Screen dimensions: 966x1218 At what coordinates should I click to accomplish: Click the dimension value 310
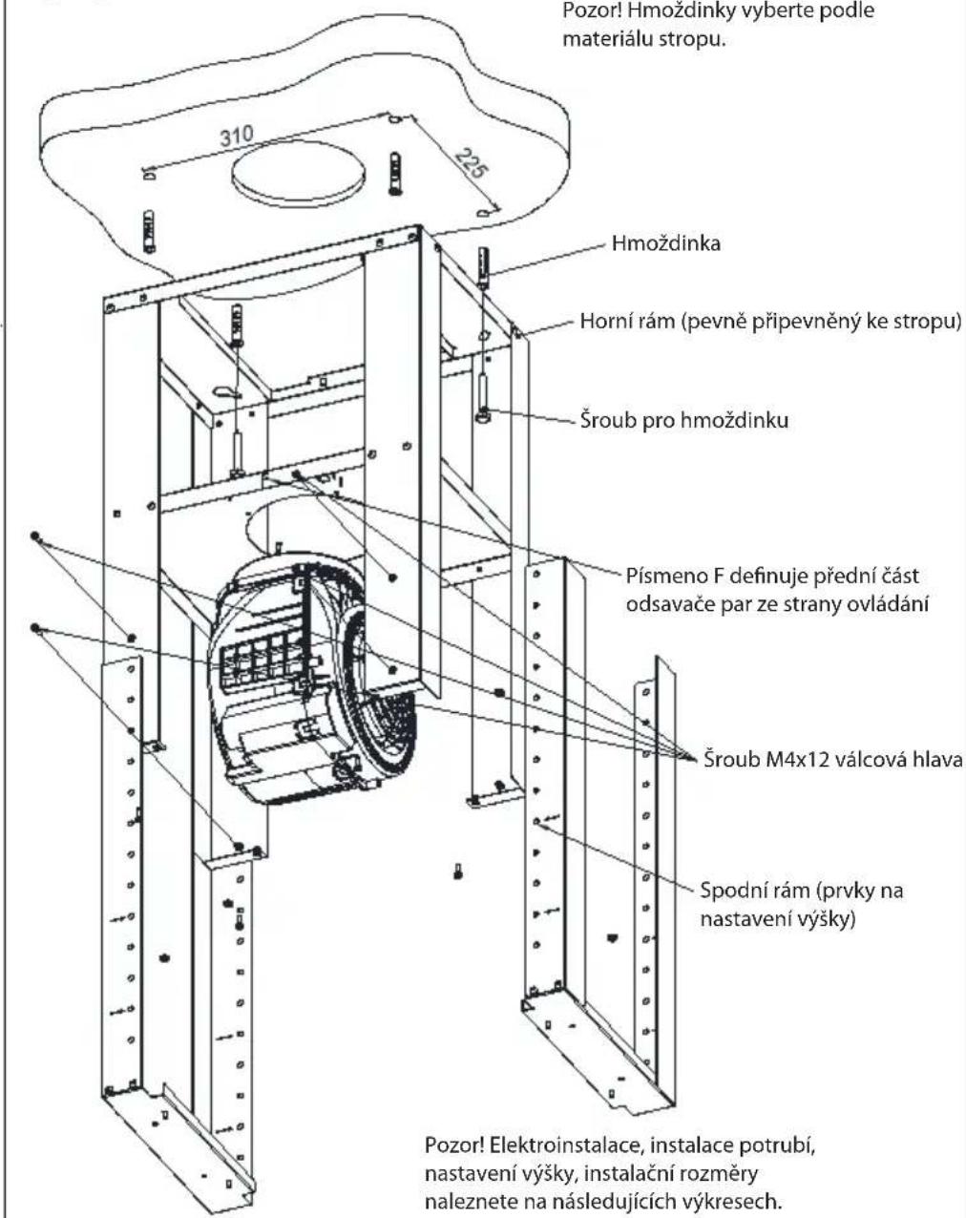237,136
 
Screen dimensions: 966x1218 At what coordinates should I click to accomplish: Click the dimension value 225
471,162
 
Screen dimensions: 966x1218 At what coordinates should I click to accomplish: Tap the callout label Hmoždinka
666,243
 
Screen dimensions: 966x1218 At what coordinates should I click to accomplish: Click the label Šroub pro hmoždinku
684,421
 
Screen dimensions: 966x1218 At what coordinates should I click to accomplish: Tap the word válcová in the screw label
872,759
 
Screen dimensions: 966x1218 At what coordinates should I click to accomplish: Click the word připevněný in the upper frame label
792,322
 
